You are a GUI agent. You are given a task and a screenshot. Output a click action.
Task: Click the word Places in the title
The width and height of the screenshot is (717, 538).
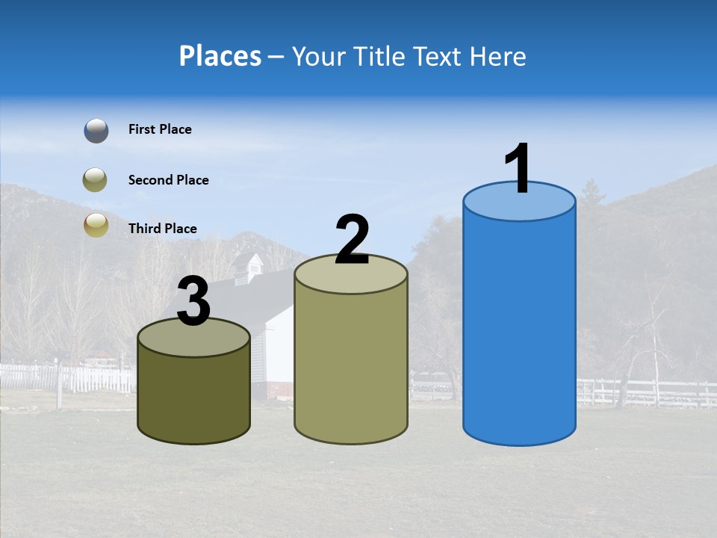coord(220,56)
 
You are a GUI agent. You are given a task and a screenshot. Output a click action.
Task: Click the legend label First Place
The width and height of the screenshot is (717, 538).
coord(160,129)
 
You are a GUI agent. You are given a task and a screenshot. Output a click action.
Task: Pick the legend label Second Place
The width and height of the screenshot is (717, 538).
coord(168,180)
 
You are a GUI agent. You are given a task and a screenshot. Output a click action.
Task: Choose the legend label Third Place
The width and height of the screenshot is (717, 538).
coord(162,229)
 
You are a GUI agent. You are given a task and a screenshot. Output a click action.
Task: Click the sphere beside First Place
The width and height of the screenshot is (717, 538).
coord(96,131)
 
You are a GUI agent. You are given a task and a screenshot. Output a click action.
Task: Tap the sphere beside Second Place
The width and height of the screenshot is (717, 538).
coord(96,180)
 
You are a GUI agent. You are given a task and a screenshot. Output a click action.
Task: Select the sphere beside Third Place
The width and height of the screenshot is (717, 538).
coord(96,225)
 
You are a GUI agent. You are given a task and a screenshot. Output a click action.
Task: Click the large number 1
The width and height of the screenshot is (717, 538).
coord(518,170)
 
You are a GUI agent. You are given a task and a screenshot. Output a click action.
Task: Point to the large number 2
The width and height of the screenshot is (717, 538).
coord(352,240)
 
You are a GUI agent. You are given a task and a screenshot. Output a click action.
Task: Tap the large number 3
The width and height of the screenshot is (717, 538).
coord(193,302)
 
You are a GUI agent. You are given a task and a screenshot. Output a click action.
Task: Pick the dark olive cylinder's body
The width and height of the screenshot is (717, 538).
coord(193,396)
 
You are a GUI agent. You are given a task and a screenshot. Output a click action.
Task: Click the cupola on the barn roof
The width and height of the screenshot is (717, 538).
coord(249,267)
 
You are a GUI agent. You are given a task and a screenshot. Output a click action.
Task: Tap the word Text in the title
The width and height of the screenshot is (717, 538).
coord(443,56)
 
